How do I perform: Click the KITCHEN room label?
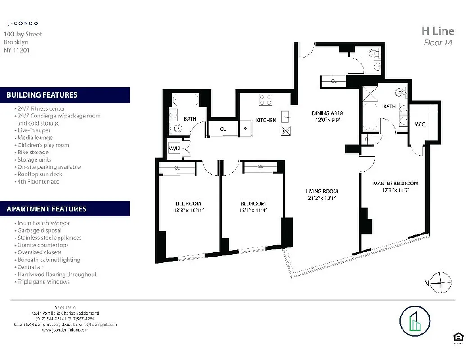(266, 120)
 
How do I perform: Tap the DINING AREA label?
(327, 113)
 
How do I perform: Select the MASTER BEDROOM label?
(395, 184)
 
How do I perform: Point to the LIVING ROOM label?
(321, 191)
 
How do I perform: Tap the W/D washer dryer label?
(174, 148)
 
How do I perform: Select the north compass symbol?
(440, 283)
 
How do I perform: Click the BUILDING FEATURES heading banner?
(65, 95)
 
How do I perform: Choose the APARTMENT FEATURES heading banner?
(65, 209)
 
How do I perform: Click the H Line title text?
(437, 31)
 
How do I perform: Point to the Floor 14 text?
(438, 43)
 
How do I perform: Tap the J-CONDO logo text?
(23, 23)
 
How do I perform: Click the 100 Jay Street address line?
(23, 34)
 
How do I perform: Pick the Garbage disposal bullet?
(39, 230)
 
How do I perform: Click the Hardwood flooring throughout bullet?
(56, 274)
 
